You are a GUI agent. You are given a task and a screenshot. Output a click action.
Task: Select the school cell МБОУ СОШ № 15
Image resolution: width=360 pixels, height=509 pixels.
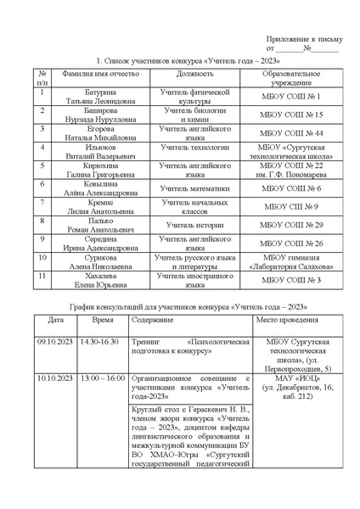(292, 114)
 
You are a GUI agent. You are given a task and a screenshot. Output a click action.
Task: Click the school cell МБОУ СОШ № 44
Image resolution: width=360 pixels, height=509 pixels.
(292, 132)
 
